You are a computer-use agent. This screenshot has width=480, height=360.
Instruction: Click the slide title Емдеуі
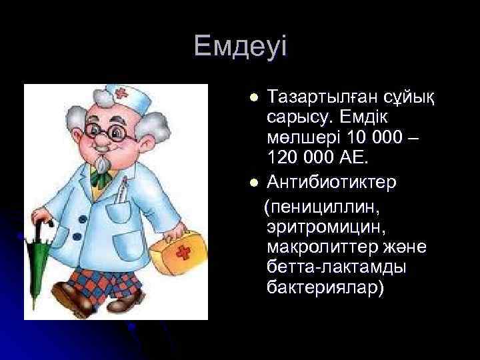(x=240, y=47)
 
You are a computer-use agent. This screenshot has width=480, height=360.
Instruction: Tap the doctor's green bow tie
(x=100, y=177)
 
